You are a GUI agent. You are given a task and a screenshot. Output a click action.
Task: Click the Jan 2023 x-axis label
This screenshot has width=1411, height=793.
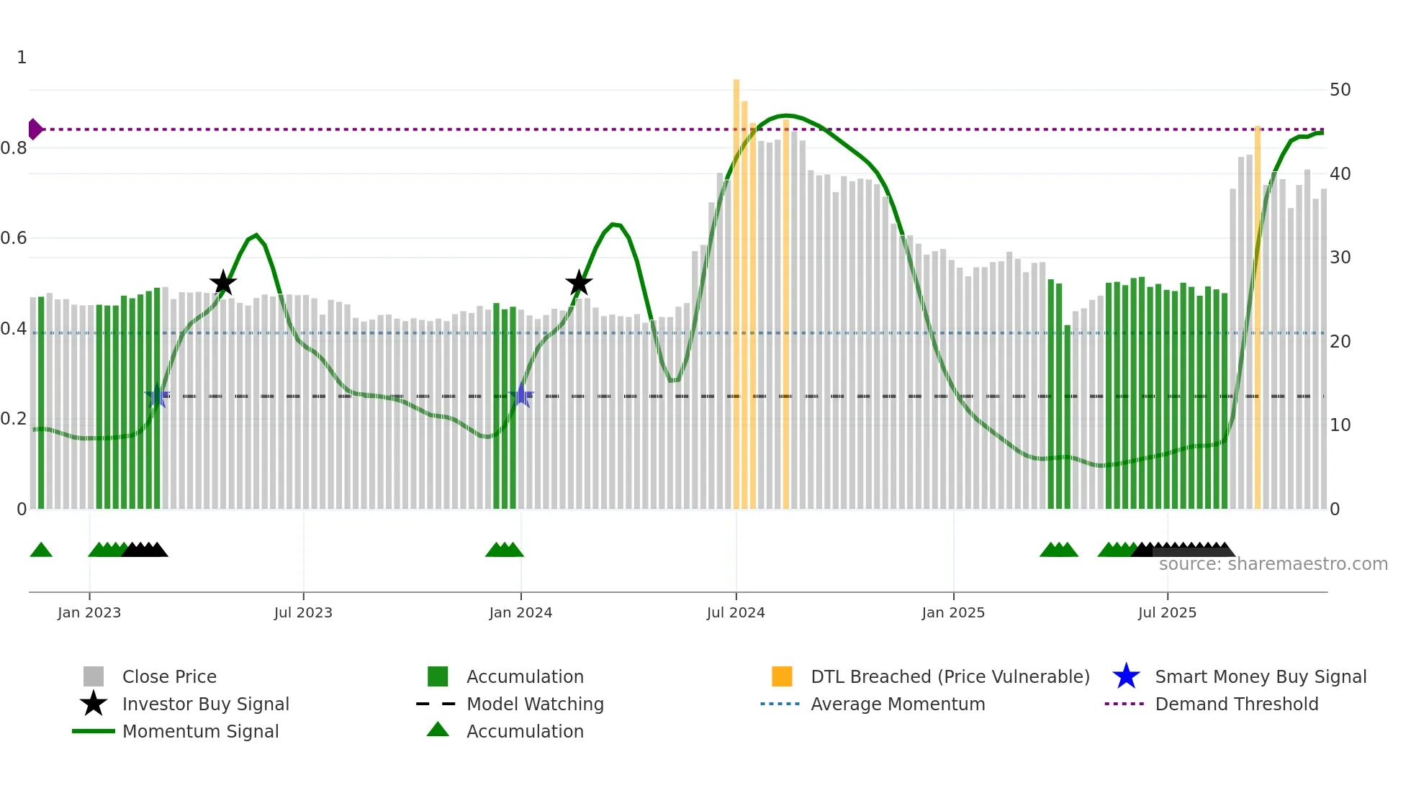pos(89,612)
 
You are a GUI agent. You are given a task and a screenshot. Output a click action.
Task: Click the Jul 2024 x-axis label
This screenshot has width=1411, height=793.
pos(736,612)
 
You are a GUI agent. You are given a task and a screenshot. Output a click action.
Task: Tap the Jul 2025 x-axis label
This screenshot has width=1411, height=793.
pos(1167,612)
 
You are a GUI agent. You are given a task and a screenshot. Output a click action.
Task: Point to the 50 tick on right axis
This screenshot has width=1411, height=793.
pos(1340,90)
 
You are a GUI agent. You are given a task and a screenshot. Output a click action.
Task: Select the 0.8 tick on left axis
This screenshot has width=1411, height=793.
pos(14,148)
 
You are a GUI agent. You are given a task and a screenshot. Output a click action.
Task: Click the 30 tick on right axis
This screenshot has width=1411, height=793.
pos(1340,258)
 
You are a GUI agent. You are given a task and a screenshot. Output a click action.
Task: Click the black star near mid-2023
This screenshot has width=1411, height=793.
pos(223,283)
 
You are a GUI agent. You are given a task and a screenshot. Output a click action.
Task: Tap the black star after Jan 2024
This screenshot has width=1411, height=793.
pos(579,283)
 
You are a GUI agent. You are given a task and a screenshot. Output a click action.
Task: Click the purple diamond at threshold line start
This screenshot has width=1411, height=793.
pos(35,130)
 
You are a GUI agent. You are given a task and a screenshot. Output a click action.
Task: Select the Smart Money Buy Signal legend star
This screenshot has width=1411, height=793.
pos(1126,676)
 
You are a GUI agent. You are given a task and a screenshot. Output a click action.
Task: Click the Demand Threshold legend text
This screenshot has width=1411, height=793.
pos(1236,704)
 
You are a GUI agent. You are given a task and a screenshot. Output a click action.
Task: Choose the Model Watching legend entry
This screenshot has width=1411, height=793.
pos(535,704)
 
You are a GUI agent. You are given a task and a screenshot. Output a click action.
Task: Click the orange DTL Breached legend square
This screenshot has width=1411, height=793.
pos(782,676)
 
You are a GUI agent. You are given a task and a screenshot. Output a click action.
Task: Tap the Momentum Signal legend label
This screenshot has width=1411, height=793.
pos(200,731)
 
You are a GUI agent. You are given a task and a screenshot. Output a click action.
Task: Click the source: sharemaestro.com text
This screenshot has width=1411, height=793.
pos(1273,564)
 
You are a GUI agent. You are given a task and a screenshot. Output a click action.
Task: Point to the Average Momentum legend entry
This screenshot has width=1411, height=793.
pos(897,704)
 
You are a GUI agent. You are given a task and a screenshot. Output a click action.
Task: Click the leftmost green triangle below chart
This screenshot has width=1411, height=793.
pos(41,550)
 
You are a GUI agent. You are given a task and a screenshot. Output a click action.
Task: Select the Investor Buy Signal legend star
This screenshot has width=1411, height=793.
pos(94,704)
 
